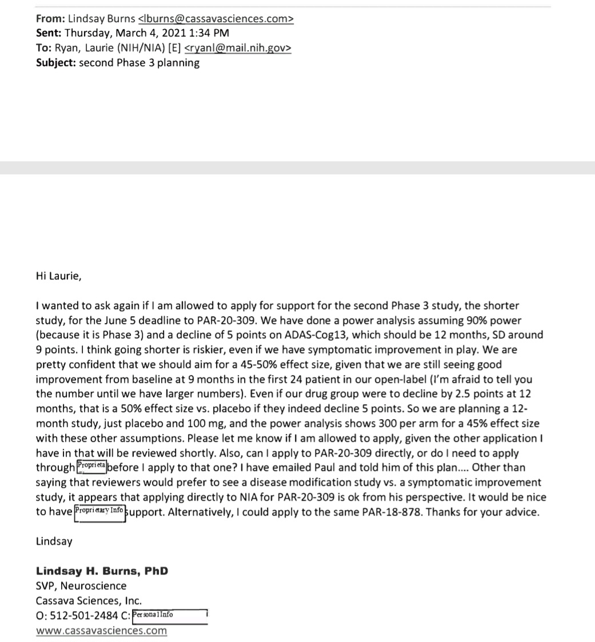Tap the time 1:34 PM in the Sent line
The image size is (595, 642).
(210, 33)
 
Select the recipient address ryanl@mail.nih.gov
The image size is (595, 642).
(237, 48)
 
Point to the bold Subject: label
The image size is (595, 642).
(55, 62)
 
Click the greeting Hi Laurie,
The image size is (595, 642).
(58, 276)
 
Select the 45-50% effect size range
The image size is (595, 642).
(289, 364)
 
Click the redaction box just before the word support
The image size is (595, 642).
(99, 511)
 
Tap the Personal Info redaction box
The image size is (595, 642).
(169, 616)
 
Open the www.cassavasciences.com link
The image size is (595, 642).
(101, 631)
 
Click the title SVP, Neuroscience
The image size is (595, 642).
(81, 586)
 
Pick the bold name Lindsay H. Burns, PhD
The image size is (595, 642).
(102, 571)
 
